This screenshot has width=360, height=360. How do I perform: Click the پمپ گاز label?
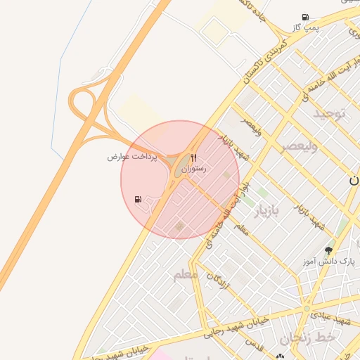point(307,27)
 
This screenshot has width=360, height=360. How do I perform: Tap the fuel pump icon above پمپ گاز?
point(304,17)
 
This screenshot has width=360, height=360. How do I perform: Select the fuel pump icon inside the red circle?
point(138,199)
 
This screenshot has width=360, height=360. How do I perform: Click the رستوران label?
point(193,169)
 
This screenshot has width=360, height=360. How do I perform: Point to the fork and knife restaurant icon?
point(193,158)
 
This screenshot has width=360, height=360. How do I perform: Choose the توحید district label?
point(329,112)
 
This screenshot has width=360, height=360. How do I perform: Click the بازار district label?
point(266,210)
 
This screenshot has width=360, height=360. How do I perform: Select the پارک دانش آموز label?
point(328,262)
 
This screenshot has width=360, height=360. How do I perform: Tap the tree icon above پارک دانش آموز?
point(328,250)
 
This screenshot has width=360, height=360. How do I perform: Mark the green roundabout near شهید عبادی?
point(307,308)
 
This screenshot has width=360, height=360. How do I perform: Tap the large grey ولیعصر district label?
point(300,146)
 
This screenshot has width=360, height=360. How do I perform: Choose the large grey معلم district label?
point(186,274)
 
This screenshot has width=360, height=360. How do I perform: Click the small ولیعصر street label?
point(250,127)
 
